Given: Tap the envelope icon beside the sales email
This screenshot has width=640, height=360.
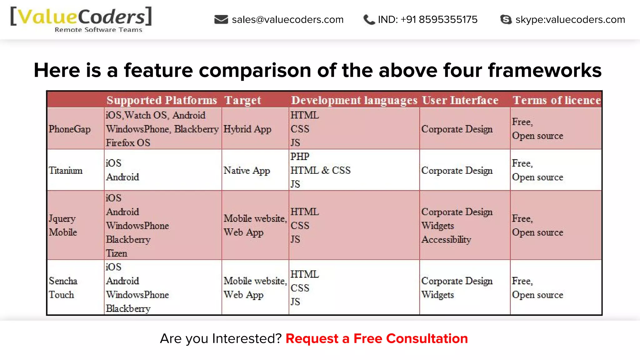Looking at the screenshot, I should (221, 19).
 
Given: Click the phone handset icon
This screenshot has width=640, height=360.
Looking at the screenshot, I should (369, 20).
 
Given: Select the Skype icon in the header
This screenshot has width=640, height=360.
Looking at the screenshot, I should (506, 19).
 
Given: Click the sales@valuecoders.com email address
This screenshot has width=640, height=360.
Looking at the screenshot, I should (287, 20).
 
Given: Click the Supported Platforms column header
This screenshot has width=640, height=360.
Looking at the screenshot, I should (162, 100).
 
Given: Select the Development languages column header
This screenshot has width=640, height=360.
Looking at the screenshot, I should (354, 100).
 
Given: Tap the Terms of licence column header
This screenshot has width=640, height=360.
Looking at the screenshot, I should (557, 100).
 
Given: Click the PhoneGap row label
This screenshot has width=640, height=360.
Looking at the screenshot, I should (69, 129).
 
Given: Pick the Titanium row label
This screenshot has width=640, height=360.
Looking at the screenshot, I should (66, 171).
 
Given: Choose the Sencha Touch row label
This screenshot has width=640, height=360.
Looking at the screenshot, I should (63, 287).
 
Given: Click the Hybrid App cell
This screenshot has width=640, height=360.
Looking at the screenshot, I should (247, 129).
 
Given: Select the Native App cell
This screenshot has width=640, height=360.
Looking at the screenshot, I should (247, 171).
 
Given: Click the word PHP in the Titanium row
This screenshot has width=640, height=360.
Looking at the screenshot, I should (300, 157).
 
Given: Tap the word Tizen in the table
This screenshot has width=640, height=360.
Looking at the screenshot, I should (116, 253).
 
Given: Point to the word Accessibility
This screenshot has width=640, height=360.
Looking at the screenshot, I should (446, 240).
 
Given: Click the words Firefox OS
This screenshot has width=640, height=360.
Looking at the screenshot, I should (128, 143).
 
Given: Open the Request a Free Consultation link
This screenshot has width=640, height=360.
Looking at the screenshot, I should (377, 339).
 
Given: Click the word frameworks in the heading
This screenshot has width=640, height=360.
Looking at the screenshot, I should (545, 70).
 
